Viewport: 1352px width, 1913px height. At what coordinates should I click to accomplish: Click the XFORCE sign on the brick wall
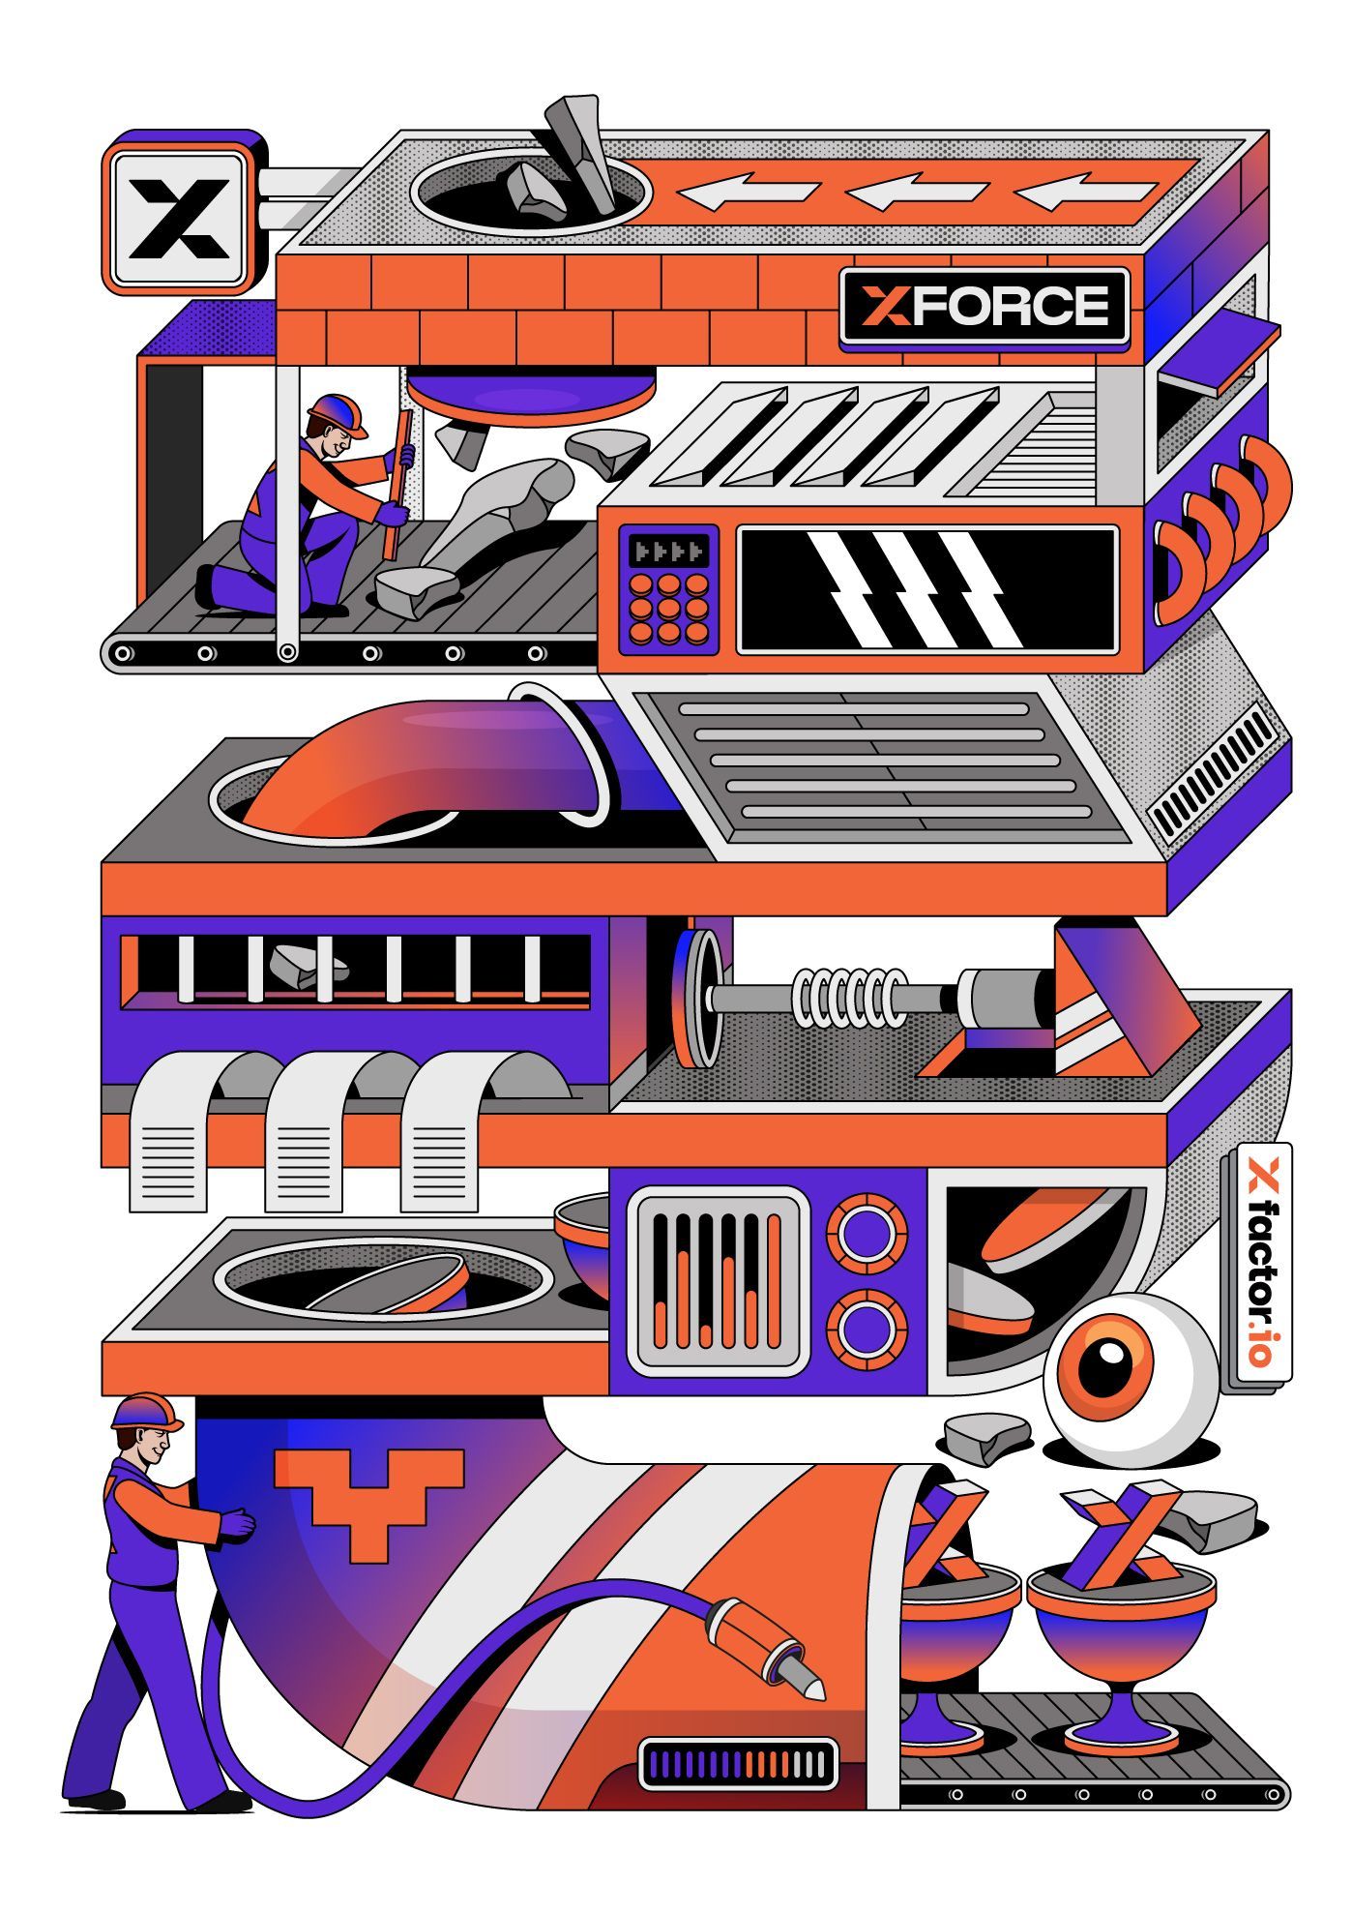coord(985,307)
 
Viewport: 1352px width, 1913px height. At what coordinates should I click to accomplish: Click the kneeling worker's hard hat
coord(338,414)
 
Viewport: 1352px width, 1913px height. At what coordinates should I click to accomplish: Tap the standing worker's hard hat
coord(147,1412)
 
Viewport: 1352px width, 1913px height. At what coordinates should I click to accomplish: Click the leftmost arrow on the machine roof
coord(748,191)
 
